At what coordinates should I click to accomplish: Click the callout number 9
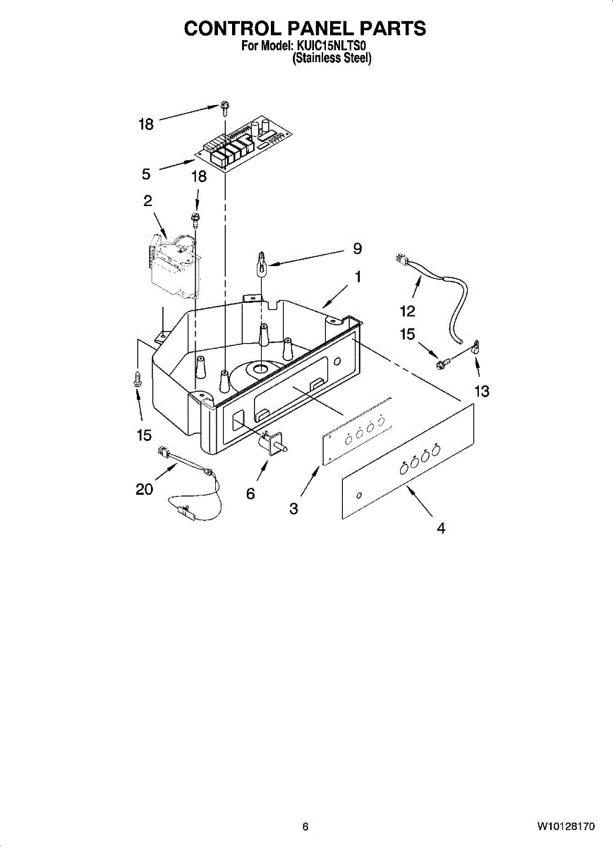358,248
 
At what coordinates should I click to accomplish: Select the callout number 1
358,277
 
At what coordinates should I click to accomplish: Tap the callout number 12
408,311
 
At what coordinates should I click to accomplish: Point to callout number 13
482,392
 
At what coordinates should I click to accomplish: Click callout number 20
145,488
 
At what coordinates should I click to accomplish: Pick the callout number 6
250,494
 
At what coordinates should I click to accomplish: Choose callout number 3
293,508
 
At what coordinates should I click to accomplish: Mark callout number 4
441,527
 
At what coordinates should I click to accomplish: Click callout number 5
146,174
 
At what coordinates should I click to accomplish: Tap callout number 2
147,201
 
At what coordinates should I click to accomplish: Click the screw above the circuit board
224,108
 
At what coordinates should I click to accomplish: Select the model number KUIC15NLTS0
332,47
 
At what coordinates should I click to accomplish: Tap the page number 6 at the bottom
305,827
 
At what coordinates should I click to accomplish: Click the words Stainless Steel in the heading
332,59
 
